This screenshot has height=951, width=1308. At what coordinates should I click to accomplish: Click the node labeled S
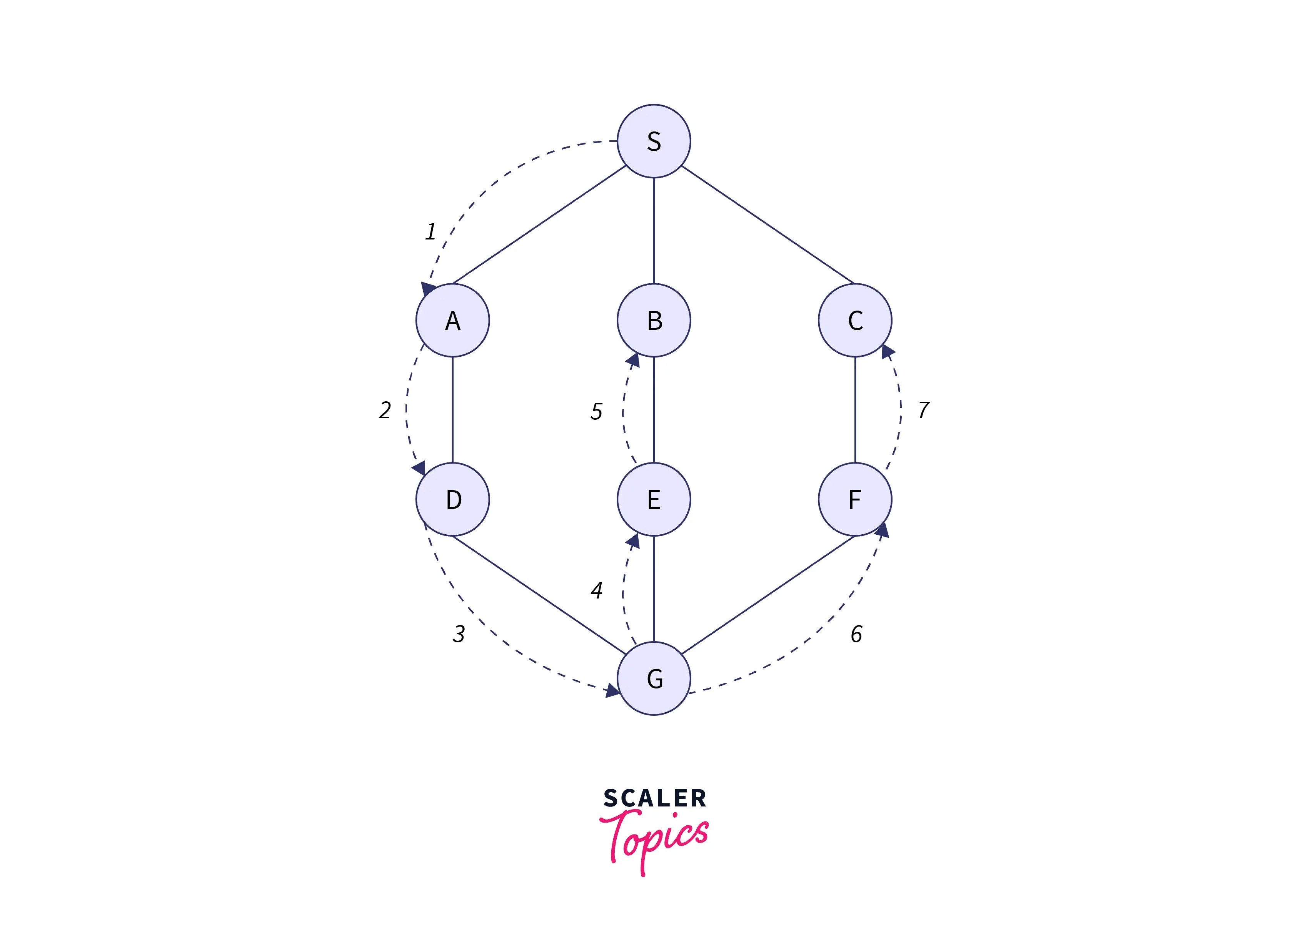(x=654, y=141)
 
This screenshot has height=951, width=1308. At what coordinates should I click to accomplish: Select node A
(x=453, y=321)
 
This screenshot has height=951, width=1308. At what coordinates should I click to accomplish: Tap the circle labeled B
(x=654, y=321)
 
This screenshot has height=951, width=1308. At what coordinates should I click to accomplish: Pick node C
(x=855, y=321)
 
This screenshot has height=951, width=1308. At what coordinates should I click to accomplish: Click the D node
(x=453, y=499)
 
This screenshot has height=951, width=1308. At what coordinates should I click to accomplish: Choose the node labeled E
(x=654, y=499)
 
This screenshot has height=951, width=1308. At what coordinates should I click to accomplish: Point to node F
(x=855, y=499)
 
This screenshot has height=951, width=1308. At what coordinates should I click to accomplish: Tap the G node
(x=654, y=678)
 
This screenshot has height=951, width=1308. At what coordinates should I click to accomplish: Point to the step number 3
(x=459, y=634)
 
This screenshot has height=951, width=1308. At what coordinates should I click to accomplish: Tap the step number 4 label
(x=596, y=590)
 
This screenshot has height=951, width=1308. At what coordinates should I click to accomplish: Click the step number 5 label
(x=596, y=412)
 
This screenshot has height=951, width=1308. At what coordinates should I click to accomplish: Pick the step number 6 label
(x=856, y=634)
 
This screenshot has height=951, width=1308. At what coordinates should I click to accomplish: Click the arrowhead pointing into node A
(x=428, y=289)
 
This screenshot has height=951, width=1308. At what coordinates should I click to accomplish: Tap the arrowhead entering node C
(x=888, y=351)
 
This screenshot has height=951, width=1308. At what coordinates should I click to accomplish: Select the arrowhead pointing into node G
(x=612, y=690)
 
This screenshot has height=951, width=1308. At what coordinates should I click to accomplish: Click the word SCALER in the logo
(x=654, y=799)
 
